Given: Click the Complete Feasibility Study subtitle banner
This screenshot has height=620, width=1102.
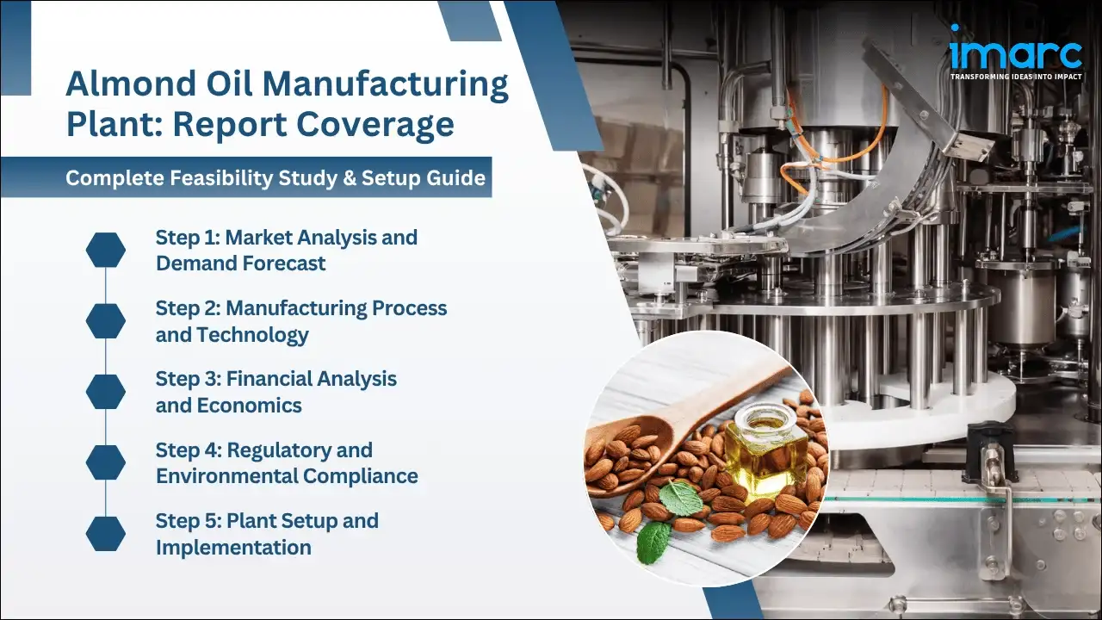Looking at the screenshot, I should tap(275, 178).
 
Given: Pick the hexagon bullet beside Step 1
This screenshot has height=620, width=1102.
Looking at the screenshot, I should tap(106, 250).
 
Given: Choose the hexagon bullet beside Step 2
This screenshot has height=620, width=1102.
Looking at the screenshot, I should tap(106, 320).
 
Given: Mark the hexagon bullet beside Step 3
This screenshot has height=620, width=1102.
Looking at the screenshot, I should tap(106, 392).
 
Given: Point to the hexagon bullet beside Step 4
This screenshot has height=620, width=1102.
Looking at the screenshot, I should tap(106, 462).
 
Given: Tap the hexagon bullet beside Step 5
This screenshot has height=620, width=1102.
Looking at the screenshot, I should tap(106, 534).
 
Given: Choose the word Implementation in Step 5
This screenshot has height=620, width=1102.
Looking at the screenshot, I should tap(233, 548).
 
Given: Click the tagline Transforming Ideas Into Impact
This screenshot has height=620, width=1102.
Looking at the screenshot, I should tap(1016, 77).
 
